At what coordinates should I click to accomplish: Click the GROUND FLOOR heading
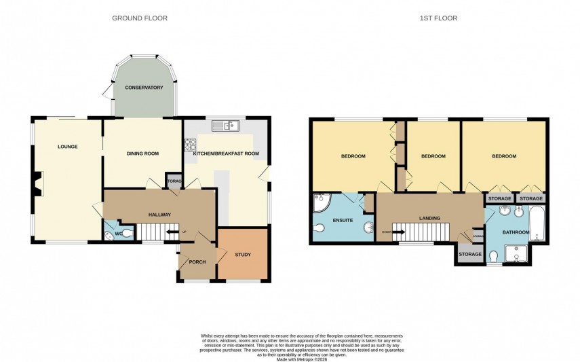coord(140,18)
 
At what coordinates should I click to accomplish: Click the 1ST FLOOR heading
coord(438,18)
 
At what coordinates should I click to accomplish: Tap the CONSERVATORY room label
coord(143,88)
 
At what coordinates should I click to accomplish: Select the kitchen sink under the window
coord(222,125)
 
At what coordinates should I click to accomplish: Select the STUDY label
coord(242,255)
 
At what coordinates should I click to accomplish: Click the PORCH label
coord(197,261)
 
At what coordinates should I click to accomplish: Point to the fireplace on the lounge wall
coord(37,182)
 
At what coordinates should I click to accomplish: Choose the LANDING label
coord(429,218)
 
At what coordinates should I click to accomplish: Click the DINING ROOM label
coord(142,153)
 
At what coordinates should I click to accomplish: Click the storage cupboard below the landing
coord(469,254)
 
